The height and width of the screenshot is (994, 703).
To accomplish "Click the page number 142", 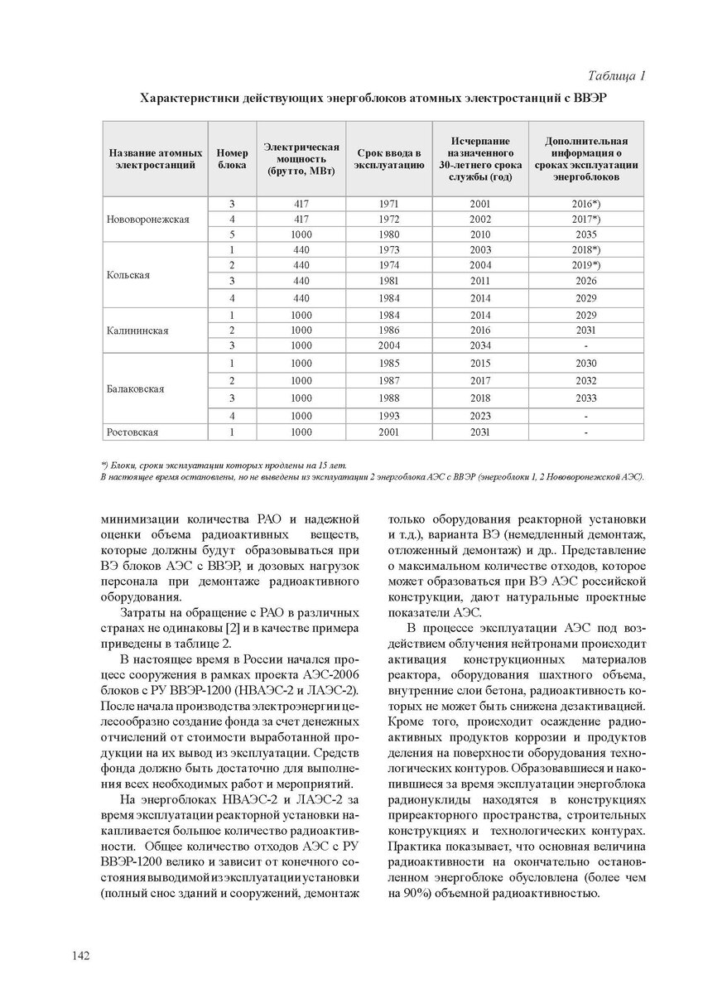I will coord(80,956).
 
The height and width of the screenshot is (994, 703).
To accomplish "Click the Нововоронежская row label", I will coord(148,220).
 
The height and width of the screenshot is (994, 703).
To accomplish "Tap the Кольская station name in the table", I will coord(128,275).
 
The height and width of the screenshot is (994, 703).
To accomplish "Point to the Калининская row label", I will coord(137,331).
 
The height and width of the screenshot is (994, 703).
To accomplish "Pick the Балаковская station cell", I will coord(136,388).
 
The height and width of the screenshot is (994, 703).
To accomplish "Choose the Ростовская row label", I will coord(132,432).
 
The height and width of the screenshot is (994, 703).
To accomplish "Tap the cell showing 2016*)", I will coord(585,203).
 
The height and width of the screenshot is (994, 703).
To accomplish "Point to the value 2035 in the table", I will coord(585,234).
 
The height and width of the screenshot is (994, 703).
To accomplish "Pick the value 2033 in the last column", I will coord(585,398).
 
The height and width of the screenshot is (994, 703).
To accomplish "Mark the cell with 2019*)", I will coord(585,265).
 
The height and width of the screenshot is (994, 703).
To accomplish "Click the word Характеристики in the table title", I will coord(188,98).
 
